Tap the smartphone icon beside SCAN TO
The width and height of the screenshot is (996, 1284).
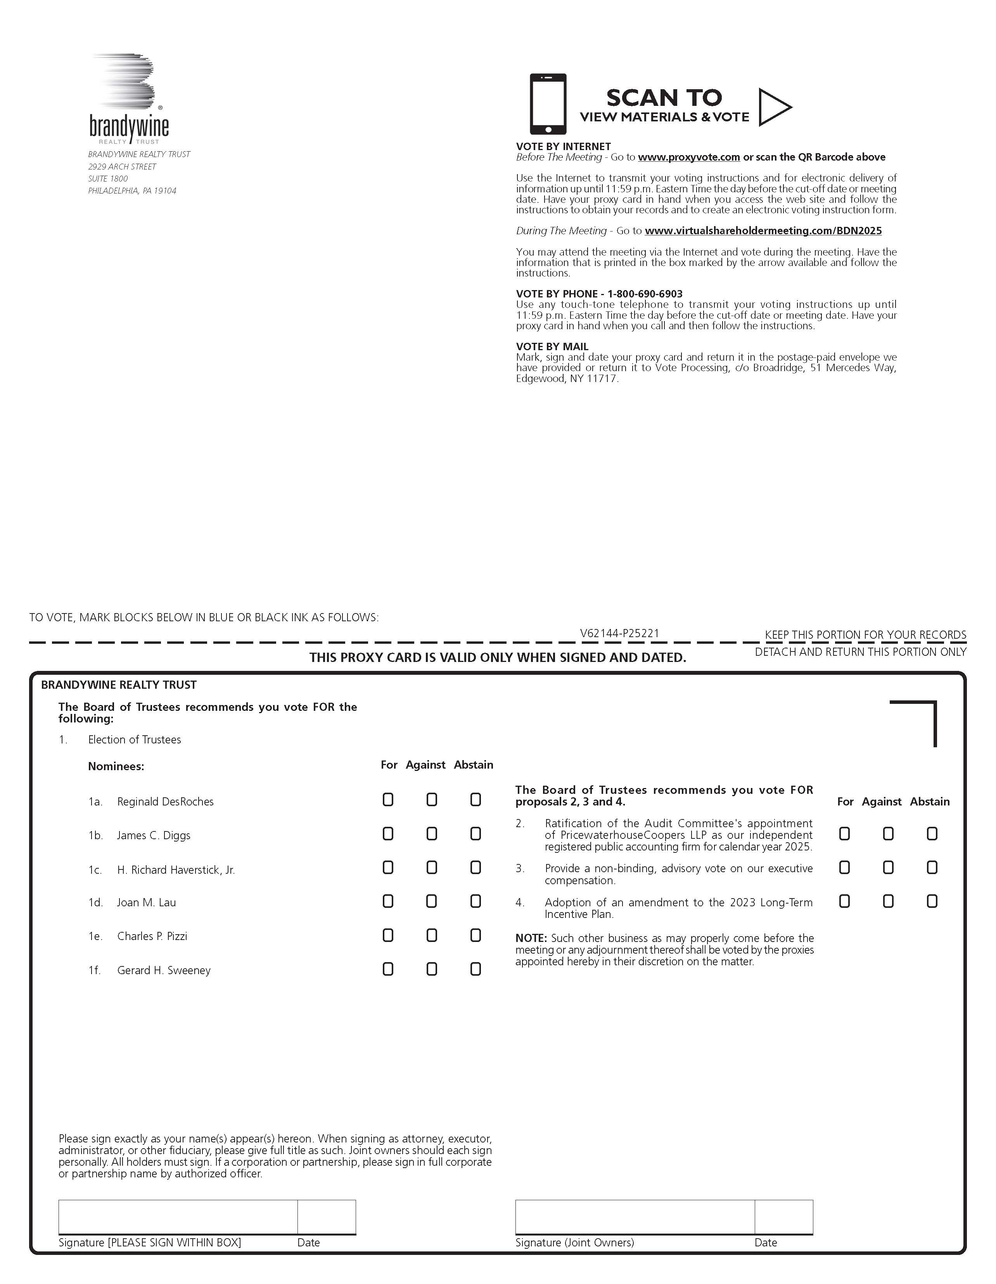547,104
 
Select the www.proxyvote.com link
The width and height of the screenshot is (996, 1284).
688,157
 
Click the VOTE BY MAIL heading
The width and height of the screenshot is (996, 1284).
552,347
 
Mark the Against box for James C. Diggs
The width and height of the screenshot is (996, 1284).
432,834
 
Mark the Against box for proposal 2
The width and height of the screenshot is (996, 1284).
888,834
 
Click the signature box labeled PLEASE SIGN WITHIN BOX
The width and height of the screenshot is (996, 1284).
178,1217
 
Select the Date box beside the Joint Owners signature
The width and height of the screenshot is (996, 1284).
784,1217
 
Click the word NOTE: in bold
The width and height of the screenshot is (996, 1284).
531,938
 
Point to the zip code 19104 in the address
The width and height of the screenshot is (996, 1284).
165,191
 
